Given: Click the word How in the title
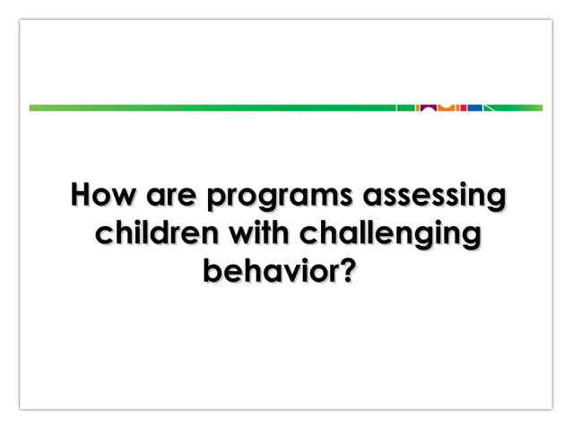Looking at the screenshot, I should pos(101,195).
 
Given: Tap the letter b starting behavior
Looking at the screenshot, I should pos(213,270).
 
